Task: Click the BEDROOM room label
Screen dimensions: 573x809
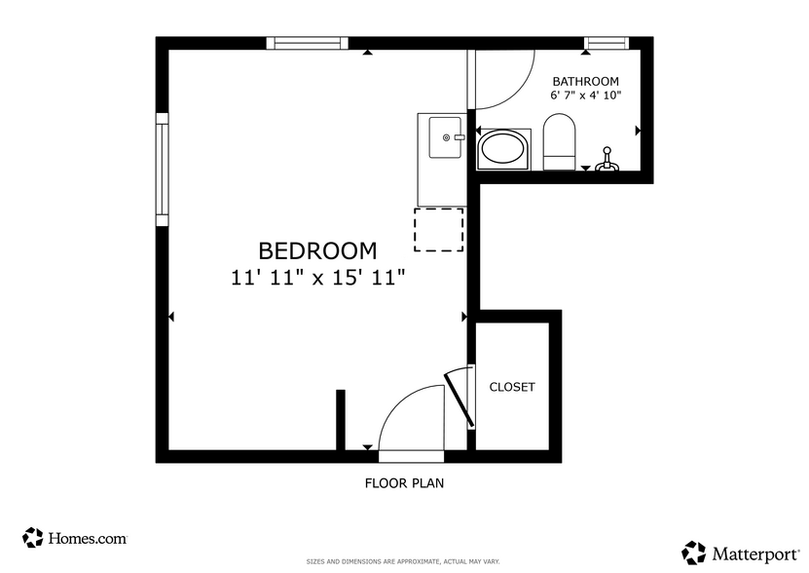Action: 317,250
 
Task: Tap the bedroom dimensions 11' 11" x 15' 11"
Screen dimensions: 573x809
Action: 317,277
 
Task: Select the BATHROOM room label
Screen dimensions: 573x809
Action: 585,81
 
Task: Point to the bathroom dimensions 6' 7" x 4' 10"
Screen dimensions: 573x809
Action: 585,95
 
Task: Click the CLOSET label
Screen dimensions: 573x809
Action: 512,387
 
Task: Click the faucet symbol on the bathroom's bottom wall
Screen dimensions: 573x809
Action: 606,160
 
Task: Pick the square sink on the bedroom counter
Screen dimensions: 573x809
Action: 447,137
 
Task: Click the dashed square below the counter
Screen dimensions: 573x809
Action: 439,229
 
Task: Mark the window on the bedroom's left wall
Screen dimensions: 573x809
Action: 163,170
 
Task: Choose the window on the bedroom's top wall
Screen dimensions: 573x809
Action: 308,43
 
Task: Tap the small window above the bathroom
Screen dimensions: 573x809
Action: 606,43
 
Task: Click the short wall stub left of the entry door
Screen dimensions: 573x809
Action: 341,419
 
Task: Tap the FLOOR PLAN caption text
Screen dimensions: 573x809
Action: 404,482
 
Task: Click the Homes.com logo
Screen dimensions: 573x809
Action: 75,537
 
